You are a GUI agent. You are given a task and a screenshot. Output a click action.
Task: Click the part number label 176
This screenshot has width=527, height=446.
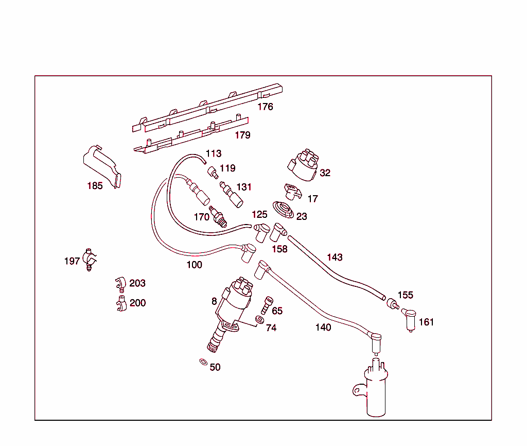click(x=266, y=107)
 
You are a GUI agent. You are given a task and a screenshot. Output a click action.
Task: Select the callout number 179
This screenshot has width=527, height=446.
click(x=242, y=135)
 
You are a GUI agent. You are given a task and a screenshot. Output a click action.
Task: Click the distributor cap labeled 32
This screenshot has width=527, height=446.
click(x=303, y=165)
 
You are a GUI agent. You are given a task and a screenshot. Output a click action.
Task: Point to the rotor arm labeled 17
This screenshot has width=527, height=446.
click(x=292, y=192)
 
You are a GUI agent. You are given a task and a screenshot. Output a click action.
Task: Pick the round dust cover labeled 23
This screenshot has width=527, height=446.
click(x=283, y=210)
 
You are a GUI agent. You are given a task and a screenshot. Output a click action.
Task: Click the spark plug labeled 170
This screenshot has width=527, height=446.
click(x=218, y=217)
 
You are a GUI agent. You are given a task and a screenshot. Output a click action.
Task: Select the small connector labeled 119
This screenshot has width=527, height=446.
click(x=212, y=171)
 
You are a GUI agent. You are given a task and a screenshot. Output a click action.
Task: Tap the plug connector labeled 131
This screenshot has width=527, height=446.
click(x=232, y=194)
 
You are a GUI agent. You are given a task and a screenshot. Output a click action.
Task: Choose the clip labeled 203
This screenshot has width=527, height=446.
click(x=120, y=283)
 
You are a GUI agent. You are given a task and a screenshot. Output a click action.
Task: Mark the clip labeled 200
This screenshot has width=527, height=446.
click(x=120, y=303)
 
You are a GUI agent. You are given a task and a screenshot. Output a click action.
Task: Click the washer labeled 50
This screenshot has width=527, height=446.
click(x=203, y=362)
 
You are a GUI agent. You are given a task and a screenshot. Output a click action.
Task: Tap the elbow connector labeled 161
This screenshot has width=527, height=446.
click(x=411, y=319)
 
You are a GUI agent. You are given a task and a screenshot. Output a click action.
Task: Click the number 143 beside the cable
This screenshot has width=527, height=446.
click(x=335, y=258)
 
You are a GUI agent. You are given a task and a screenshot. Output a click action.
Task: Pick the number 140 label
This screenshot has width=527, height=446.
click(x=323, y=328)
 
